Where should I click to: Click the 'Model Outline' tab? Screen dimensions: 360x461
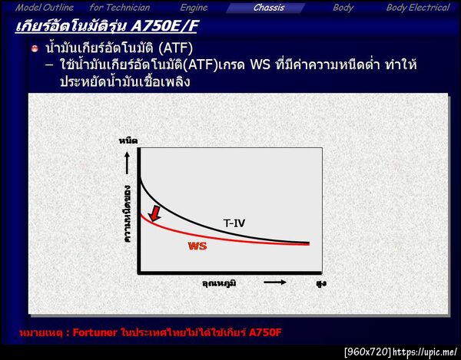(45, 8)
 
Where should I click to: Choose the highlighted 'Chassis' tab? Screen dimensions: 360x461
(269, 8)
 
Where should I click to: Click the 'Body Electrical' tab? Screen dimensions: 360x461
(417, 8)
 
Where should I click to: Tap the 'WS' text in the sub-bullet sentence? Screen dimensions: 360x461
(260, 66)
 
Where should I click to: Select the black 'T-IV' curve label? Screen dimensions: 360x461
(234, 223)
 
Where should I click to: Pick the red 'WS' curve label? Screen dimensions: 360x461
(197, 246)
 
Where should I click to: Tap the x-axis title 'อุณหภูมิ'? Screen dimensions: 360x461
(219, 283)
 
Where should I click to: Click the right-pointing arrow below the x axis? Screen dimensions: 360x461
(275, 282)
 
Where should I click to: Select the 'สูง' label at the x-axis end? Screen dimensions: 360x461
(320, 283)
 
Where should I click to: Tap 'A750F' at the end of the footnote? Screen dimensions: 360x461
(266, 332)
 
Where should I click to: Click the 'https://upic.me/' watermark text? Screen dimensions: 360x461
(426, 352)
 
